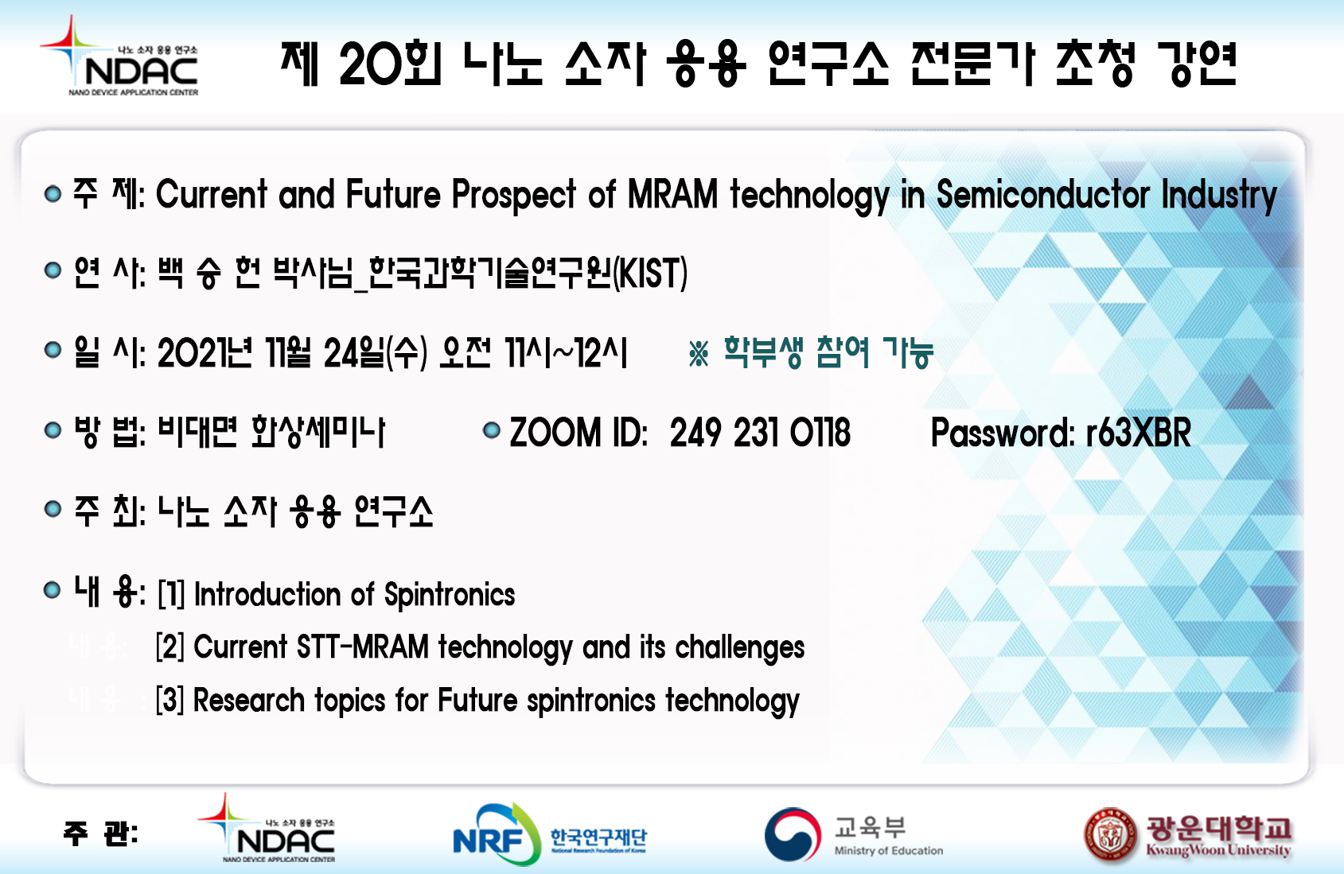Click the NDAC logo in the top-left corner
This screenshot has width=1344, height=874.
[119, 56]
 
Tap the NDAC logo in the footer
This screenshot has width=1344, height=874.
[267, 828]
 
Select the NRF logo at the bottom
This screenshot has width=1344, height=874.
[550, 835]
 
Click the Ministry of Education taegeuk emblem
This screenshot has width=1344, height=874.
[793, 834]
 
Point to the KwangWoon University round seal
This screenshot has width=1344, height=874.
[1111, 835]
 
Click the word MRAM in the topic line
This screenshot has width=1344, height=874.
[672, 194]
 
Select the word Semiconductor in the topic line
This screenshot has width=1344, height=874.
[1042, 194]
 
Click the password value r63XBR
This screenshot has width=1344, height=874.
[1138, 432]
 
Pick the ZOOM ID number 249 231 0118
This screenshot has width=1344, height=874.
[760, 432]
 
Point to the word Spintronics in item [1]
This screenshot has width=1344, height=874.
[450, 595]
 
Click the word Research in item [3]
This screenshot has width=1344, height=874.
[249, 700]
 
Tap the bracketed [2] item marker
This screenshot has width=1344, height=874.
[169, 647]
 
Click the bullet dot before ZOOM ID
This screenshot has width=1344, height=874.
[492, 429]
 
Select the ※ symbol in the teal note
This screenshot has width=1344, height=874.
[699, 353]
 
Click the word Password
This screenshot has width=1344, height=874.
[1002, 432]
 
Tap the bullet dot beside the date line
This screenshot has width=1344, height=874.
[53, 349]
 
